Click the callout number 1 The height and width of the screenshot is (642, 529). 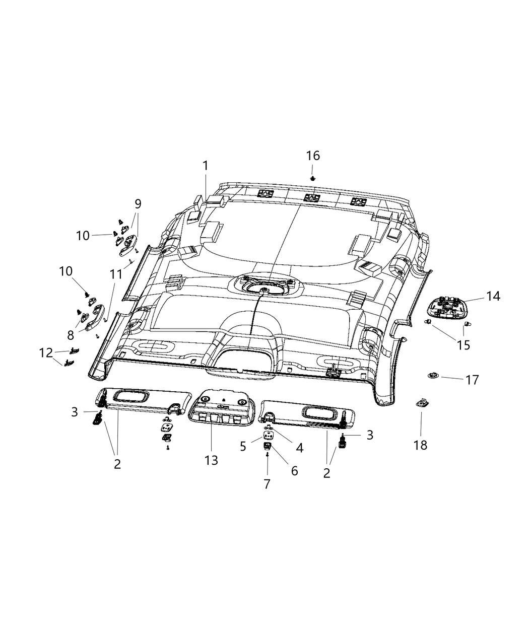pyautogui.click(x=205, y=166)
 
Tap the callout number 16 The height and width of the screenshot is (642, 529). pyautogui.click(x=313, y=156)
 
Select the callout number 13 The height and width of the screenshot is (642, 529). pyautogui.click(x=211, y=460)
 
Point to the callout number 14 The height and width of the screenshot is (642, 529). pyautogui.click(x=493, y=296)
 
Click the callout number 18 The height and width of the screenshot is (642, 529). pyautogui.click(x=420, y=445)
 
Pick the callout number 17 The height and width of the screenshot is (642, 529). pyautogui.click(x=472, y=380)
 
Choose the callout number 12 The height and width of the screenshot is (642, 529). pyautogui.click(x=46, y=353)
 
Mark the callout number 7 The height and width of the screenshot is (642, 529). pyautogui.click(x=267, y=484)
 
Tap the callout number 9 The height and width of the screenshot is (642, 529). pyautogui.click(x=138, y=204)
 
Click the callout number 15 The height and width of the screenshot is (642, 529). pyautogui.click(x=463, y=345)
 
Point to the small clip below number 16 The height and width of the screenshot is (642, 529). pyautogui.click(x=313, y=178)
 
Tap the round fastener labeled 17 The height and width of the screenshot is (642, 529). pyautogui.click(x=432, y=375)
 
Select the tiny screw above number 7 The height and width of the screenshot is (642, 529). pyautogui.click(x=267, y=454)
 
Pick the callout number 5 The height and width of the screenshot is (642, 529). pyautogui.click(x=243, y=446)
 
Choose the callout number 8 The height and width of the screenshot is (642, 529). pyautogui.click(x=71, y=335)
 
